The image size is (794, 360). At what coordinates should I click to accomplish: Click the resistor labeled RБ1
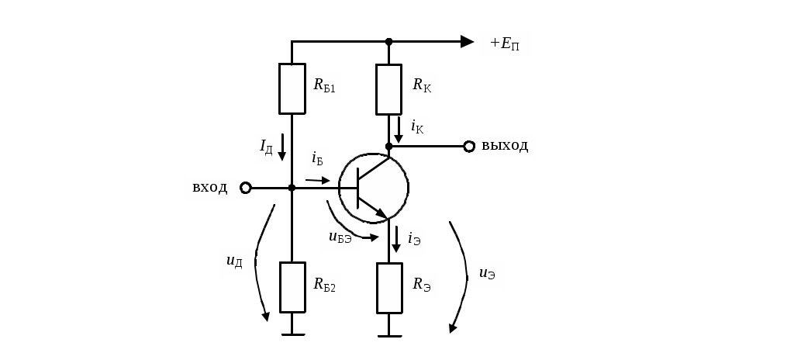(x=292, y=88)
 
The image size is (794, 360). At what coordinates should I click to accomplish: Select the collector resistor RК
(x=389, y=89)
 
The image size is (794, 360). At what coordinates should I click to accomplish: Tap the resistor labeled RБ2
(x=292, y=287)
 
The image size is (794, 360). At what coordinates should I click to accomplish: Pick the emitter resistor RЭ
(x=389, y=288)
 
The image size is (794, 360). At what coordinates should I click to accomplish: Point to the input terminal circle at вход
(x=246, y=188)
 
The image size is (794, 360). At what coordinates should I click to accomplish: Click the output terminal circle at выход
(x=469, y=147)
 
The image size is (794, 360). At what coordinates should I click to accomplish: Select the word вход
(x=209, y=188)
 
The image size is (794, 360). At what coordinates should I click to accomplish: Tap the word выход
(x=504, y=146)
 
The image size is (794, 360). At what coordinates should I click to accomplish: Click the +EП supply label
(x=504, y=44)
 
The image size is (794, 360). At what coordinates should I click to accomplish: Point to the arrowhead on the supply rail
(x=467, y=42)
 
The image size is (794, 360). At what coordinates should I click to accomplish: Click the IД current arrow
(x=282, y=147)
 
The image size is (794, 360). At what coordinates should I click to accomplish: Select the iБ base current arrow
(x=317, y=180)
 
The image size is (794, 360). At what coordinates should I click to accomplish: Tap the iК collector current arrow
(x=399, y=130)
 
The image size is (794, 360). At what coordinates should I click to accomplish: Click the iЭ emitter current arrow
(x=396, y=239)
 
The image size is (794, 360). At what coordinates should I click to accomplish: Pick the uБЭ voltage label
(x=340, y=237)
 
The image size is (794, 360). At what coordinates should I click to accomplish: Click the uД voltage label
(x=234, y=261)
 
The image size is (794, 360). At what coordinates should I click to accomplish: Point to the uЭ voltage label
(x=487, y=274)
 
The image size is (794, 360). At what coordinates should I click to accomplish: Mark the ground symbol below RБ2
(x=292, y=334)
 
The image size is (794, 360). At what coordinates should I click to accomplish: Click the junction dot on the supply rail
(x=389, y=42)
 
